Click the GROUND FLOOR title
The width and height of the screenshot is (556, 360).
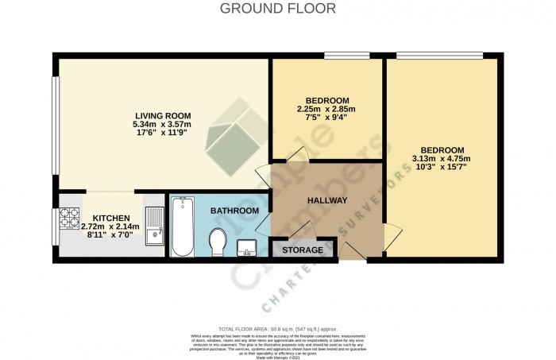coord(277,9)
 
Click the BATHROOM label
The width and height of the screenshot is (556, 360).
coord(234,211)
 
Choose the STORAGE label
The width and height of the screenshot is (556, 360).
coord(303,250)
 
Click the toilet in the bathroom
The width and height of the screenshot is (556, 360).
coord(218,240)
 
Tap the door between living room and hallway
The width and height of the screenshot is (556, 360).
coord(263,176)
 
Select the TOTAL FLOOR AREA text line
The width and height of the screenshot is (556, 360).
coord(278,328)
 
